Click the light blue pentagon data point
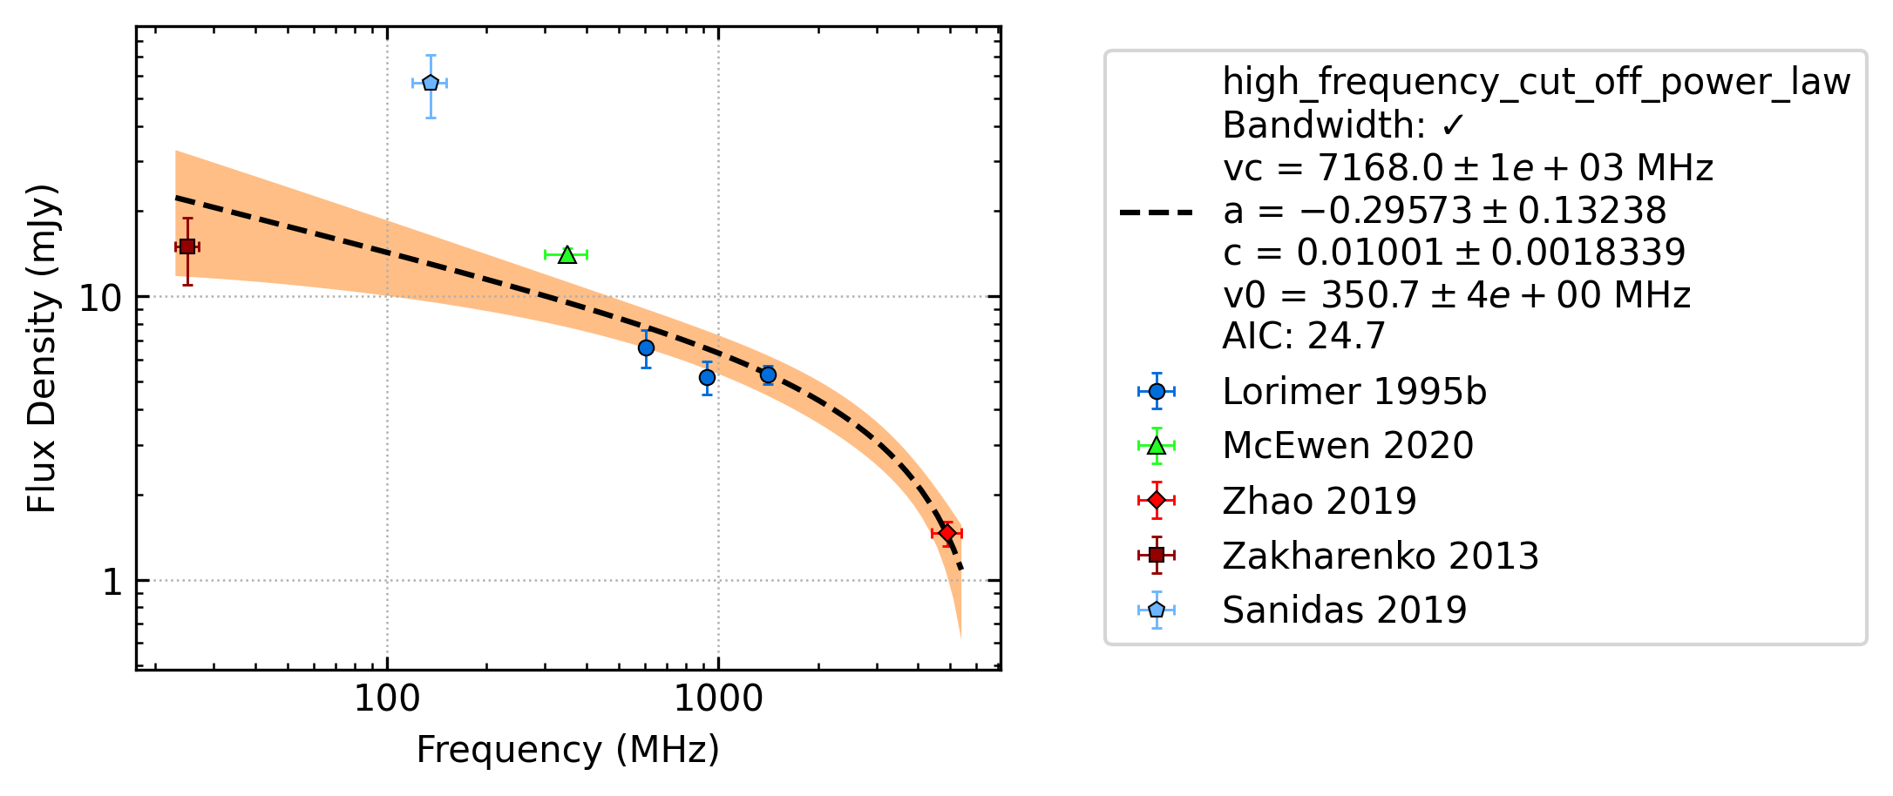(430, 83)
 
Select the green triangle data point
(567, 254)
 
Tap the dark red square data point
(187, 246)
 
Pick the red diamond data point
(946, 533)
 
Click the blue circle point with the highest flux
(646, 347)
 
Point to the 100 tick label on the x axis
(387, 699)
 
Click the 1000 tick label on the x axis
(718, 699)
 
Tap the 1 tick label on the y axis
(112, 582)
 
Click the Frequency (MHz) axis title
(568, 750)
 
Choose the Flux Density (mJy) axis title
(41, 348)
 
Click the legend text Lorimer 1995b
(1354, 392)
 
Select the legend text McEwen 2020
(1348, 446)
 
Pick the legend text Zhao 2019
(1320, 501)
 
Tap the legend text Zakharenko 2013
(1381, 556)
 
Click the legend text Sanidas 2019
(1345, 610)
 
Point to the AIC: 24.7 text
(1304, 335)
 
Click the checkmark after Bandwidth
(1453, 126)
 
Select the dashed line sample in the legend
(1156, 212)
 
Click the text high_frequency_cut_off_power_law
(1537, 82)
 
